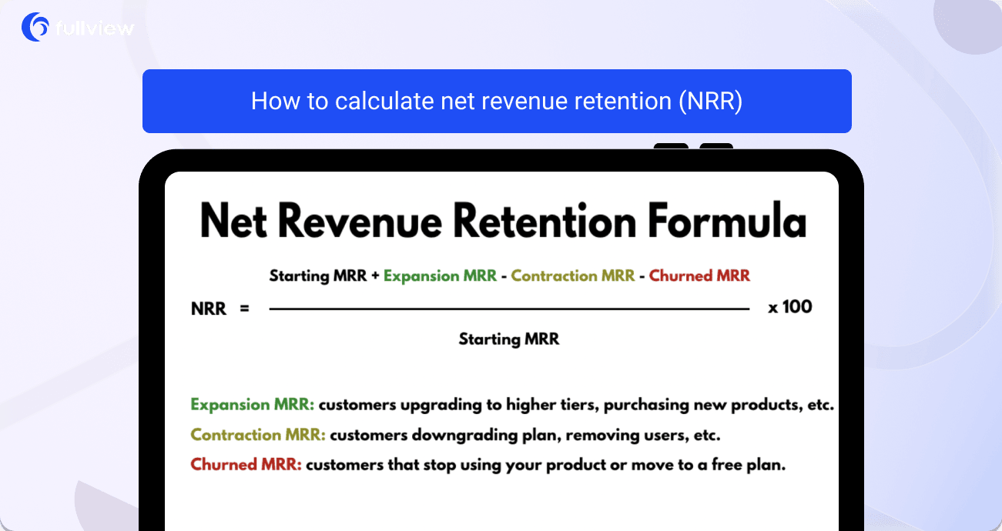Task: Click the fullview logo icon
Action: pyautogui.click(x=35, y=28)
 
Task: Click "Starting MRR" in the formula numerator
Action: pyautogui.click(x=318, y=276)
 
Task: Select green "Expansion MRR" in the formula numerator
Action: pyautogui.click(x=440, y=276)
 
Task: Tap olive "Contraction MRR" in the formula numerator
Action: pyautogui.click(x=573, y=276)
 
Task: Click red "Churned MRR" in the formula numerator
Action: pyautogui.click(x=699, y=276)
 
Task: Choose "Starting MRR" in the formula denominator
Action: pyautogui.click(x=509, y=339)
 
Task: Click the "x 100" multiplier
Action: pyautogui.click(x=789, y=307)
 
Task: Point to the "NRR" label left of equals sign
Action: pyautogui.click(x=209, y=309)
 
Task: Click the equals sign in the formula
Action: pyautogui.click(x=245, y=309)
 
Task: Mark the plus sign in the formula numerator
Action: pyautogui.click(x=375, y=276)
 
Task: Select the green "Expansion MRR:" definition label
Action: pyautogui.click(x=252, y=405)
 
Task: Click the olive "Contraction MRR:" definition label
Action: pyautogui.click(x=258, y=435)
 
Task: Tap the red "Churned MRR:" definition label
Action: pyautogui.click(x=246, y=465)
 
